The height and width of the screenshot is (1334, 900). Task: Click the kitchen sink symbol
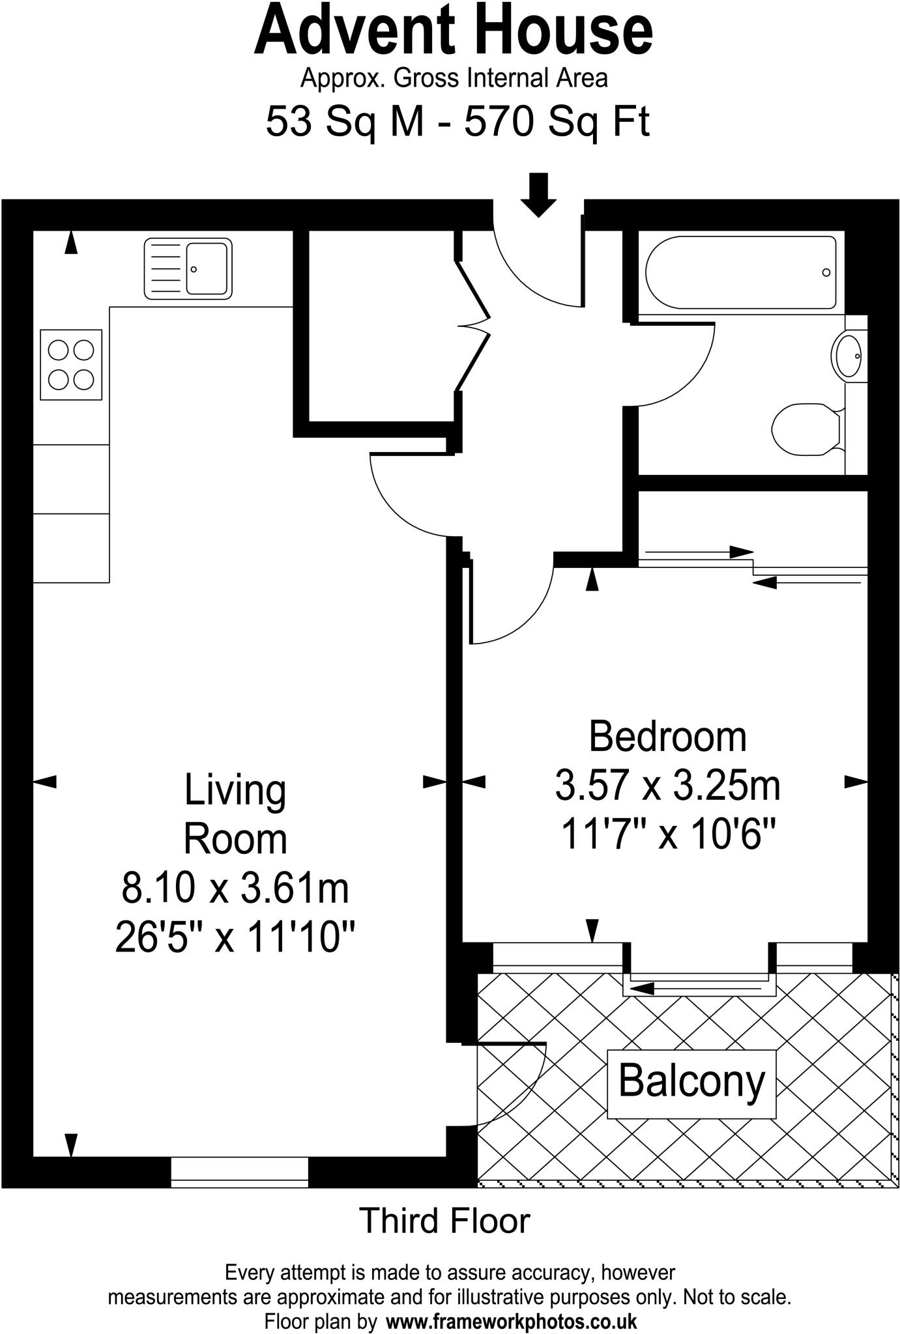(188, 268)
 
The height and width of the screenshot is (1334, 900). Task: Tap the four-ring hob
(71, 365)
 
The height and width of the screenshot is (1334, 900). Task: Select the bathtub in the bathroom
(740, 272)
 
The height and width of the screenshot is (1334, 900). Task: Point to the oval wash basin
(849, 356)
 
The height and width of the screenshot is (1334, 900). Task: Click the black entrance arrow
(538, 194)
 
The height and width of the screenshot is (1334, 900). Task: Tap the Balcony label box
(691, 1081)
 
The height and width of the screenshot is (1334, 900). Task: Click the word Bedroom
(667, 736)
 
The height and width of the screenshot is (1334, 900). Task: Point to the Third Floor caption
(445, 1221)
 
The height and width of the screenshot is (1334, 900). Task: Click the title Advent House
(453, 31)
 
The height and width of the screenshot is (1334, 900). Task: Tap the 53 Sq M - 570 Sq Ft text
(457, 121)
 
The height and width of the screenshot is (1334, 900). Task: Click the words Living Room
(235, 814)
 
